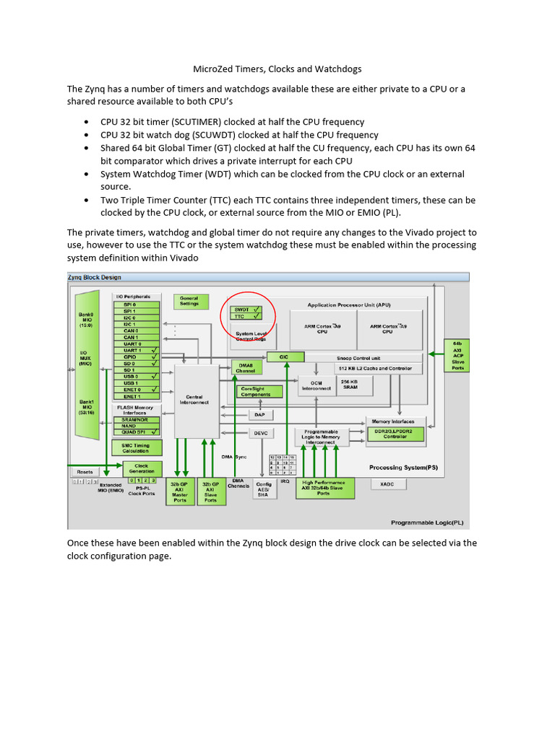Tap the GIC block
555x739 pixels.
pos(285,357)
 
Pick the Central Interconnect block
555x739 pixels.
pos(196,399)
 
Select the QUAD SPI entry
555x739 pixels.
pos(137,431)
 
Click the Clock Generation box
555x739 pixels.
pos(141,468)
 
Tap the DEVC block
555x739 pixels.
pos(260,433)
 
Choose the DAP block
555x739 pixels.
pos(260,414)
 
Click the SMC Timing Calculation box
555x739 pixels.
pos(136,448)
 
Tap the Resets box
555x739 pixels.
pos(85,471)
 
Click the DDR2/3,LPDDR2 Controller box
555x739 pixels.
pos(395,434)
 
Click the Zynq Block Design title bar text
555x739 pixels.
pos(94,277)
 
